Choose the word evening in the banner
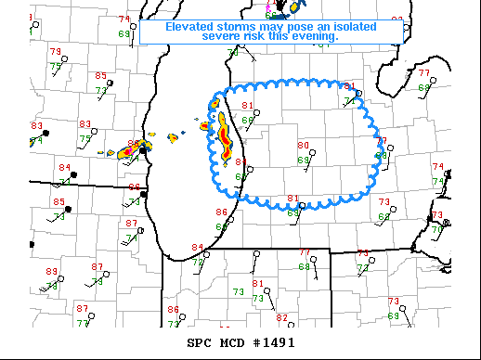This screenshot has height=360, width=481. [313, 36]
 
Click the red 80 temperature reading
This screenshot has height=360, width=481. [303, 146]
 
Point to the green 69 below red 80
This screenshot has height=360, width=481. [303, 161]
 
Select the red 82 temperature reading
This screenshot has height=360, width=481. [281, 317]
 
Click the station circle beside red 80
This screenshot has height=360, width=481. [314, 153]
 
